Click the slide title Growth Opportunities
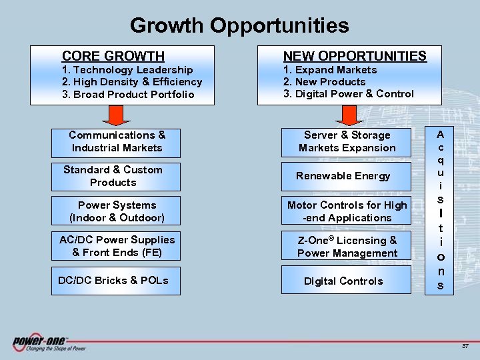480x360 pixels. coord(239,25)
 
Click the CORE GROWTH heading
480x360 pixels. coord(113,56)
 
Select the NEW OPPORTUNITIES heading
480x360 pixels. coord(355,56)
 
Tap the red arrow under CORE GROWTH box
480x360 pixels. coord(117,115)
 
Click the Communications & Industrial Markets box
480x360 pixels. coord(117,141)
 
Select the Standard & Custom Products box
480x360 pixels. coord(113,176)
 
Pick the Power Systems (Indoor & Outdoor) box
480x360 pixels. coord(117,211)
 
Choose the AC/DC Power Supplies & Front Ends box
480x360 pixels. coord(117,246)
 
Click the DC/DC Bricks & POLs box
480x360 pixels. coord(113,280)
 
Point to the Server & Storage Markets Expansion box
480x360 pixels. coord(347,142)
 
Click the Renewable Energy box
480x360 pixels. coord(344,176)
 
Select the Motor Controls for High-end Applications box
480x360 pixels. coord(347,211)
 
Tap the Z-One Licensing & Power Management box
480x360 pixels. coord(347,247)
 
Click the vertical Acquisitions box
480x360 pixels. coord(440,209)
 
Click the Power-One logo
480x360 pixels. coord(49,343)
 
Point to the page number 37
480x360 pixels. coord(465,346)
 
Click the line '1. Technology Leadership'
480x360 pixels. coord(127,70)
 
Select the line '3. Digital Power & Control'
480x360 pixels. coord(349,94)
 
